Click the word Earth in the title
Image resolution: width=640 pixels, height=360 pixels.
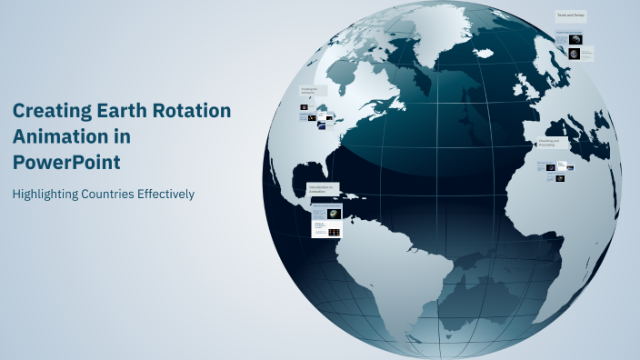pos(118,111)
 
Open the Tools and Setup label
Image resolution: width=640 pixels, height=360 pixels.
pos(571,15)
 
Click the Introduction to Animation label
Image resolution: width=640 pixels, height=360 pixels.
pos(322,188)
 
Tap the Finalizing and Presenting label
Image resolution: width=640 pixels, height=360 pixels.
pos(553,143)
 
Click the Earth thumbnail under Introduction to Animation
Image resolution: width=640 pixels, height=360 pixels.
pos(335,214)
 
